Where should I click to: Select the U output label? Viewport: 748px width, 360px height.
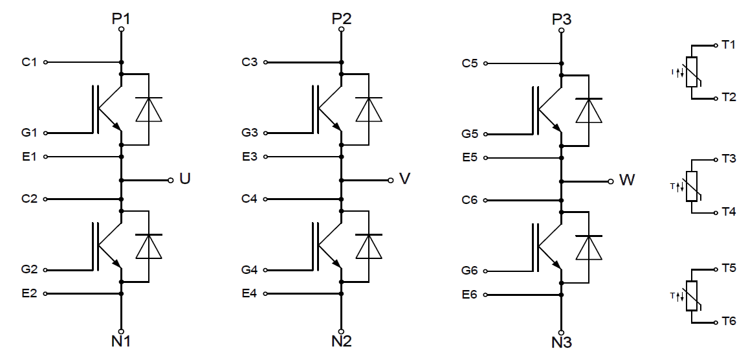184,179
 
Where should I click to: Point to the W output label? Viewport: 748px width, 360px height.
626,180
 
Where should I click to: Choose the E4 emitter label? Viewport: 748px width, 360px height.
250,293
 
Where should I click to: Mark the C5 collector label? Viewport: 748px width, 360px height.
470,63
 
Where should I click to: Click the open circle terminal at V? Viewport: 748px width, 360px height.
390,179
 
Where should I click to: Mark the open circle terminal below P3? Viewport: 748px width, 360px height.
561,28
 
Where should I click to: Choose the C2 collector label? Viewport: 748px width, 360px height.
30,199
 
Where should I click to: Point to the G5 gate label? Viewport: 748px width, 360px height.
470,134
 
